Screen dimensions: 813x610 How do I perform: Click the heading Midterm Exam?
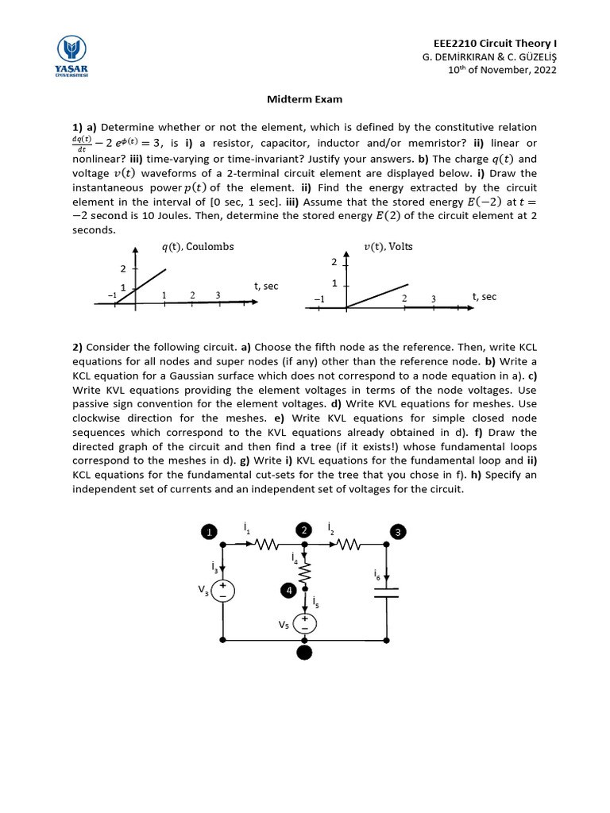pos(304,99)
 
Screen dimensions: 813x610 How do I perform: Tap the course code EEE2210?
pos(454,43)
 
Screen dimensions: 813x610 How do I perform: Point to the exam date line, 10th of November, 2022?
pos(502,70)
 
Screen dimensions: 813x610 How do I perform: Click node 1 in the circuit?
pos(208,532)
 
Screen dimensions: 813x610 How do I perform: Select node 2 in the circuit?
pos(303,530)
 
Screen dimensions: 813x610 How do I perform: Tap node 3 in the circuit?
pos(398,532)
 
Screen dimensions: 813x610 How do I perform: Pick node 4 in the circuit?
pos(289,591)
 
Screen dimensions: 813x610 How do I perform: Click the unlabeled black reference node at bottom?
pos(304,653)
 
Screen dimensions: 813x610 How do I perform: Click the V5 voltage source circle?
pos(304,623)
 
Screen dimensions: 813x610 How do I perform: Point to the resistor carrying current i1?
pos(264,545)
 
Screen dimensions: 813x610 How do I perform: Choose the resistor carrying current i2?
pos(348,545)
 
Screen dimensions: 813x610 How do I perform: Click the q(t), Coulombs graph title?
pos(198,247)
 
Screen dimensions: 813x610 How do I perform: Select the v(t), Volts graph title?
pos(388,247)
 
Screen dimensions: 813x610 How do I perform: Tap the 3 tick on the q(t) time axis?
pos(218,295)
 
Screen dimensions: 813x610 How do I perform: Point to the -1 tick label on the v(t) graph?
pos(319,299)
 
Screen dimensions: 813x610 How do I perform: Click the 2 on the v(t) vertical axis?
pos(334,262)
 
